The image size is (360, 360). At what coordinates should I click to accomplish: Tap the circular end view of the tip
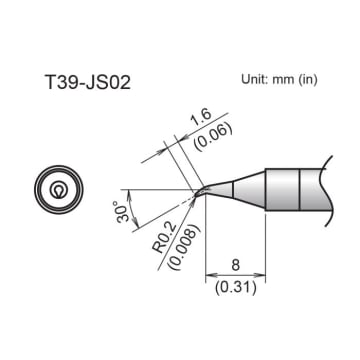pyautogui.click(x=60, y=189)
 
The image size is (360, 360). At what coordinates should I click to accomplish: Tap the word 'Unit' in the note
pyautogui.click(x=256, y=79)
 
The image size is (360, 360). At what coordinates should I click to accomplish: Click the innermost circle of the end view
pyautogui.click(x=60, y=189)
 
